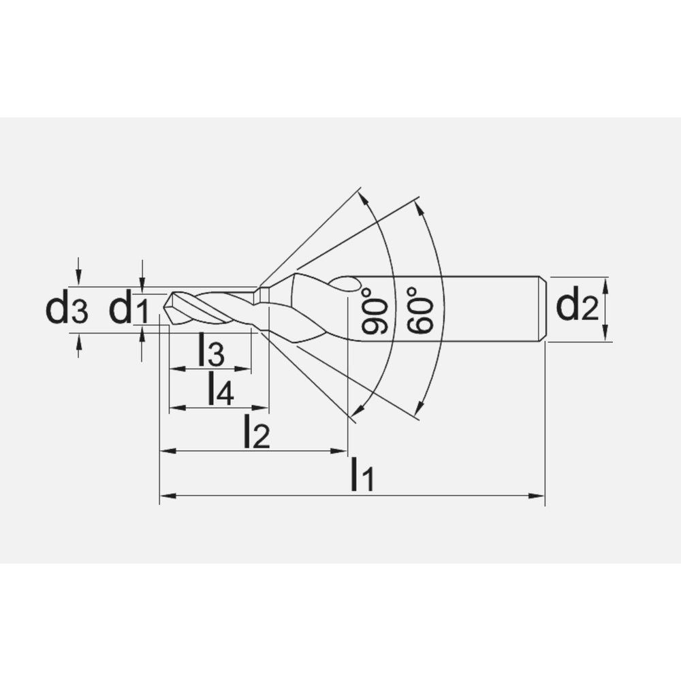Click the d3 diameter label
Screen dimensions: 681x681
66,310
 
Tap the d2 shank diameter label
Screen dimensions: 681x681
577,308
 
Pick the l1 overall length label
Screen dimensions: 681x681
362,475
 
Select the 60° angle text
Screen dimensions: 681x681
421,311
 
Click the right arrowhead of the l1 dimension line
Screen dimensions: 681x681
541,495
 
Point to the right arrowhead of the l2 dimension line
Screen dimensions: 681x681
343,450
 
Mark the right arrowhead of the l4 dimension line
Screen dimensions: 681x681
265,408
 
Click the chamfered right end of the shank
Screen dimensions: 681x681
543,308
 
